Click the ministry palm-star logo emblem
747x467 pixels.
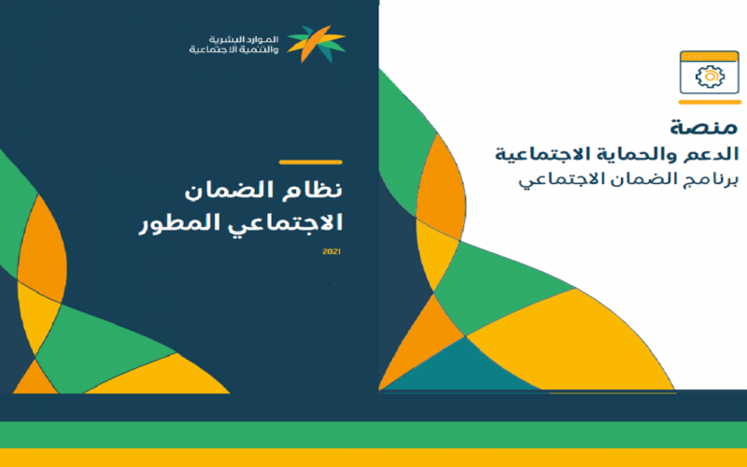(x=317, y=44)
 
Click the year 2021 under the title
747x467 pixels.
(x=331, y=251)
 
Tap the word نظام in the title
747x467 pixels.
(x=317, y=190)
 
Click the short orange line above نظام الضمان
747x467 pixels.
(x=311, y=162)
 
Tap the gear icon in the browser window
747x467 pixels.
(x=710, y=77)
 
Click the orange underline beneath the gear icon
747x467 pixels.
(x=710, y=102)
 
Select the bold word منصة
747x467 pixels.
(x=704, y=127)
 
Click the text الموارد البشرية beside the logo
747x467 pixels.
(x=244, y=39)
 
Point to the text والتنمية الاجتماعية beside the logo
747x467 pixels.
(x=234, y=50)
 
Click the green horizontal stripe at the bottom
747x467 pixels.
(x=373, y=434)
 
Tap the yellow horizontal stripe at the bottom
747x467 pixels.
(x=373, y=458)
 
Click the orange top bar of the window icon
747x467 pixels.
(x=710, y=56)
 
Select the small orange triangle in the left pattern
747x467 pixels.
(x=35, y=379)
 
